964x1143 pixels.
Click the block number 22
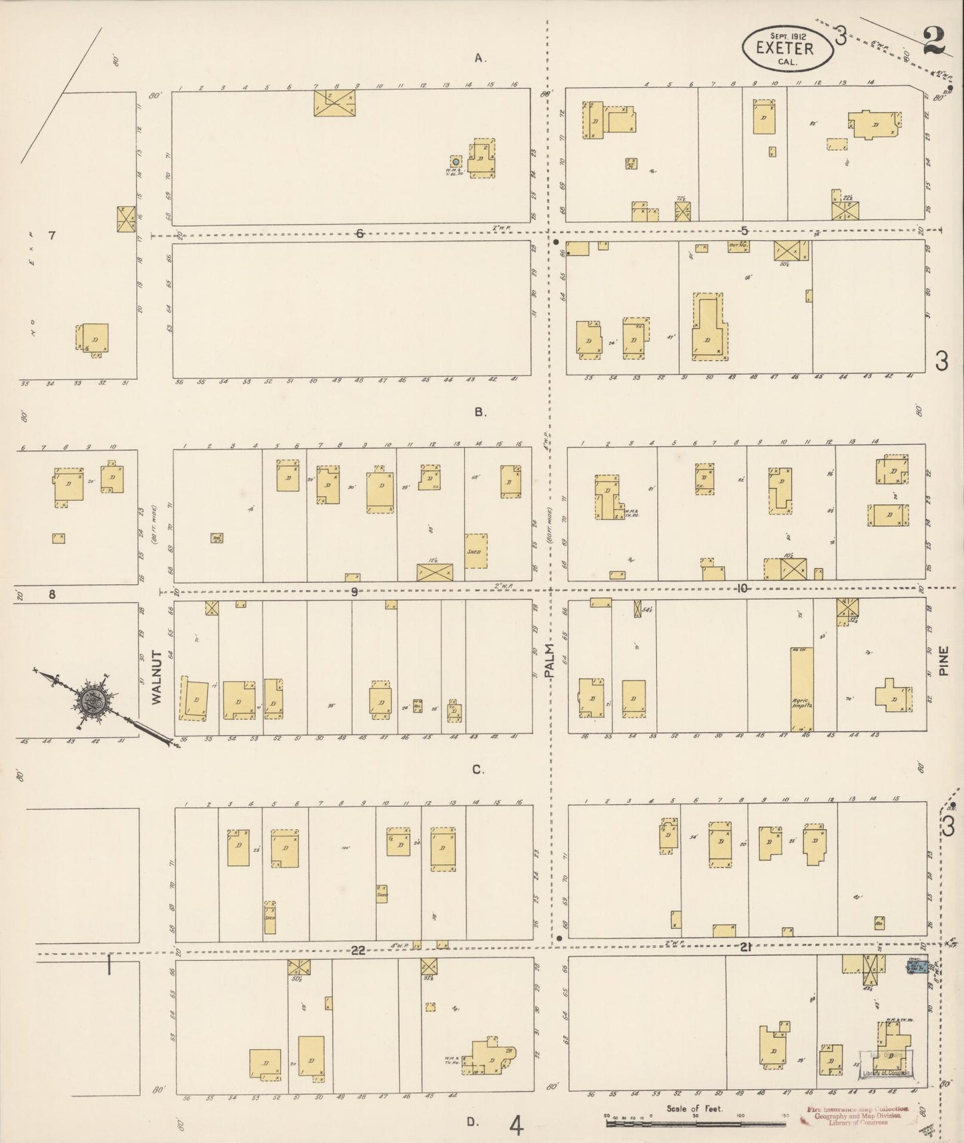pyautogui.click(x=359, y=951)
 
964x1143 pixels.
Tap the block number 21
pyautogui.click(x=746, y=948)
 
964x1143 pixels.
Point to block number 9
pyautogui.click(x=355, y=592)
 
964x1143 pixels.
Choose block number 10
pyautogui.click(x=742, y=588)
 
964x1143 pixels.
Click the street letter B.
pyautogui.click(x=479, y=412)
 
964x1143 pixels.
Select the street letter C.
pyautogui.click(x=478, y=770)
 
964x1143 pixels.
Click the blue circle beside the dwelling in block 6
pyautogui.click(x=456, y=161)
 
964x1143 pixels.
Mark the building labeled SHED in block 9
pyautogui.click(x=476, y=551)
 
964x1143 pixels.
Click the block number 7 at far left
pyautogui.click(x=51, y=235)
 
